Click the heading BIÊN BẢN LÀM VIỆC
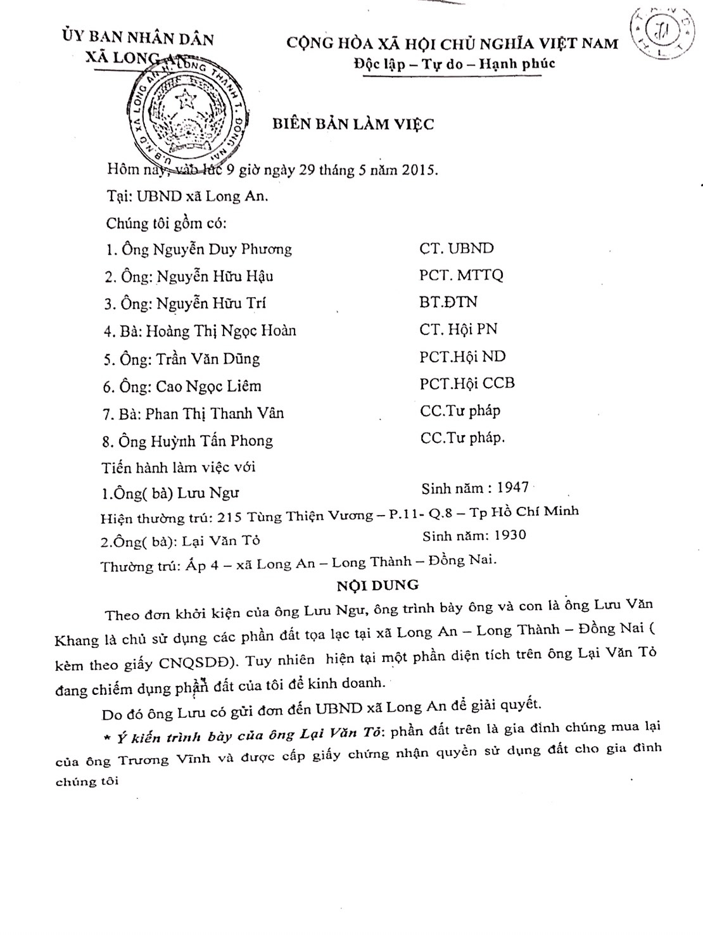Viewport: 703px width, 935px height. click(x=353, y=124)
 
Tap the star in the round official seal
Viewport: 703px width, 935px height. click(x=187, y=100)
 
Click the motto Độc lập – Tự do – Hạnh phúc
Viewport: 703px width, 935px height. click(x=455, y=64)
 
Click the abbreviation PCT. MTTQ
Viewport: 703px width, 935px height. click(x=461, y=276)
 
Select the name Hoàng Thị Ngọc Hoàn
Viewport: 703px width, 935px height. click(x=221, y=331)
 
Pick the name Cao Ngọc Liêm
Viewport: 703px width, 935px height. click(x=208, y=386)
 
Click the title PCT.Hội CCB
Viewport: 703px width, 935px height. click(x=467, y=383)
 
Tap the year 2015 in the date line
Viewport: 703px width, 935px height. click(x=415, y=170)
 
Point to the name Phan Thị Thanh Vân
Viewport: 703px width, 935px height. click(x=215, y=414)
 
